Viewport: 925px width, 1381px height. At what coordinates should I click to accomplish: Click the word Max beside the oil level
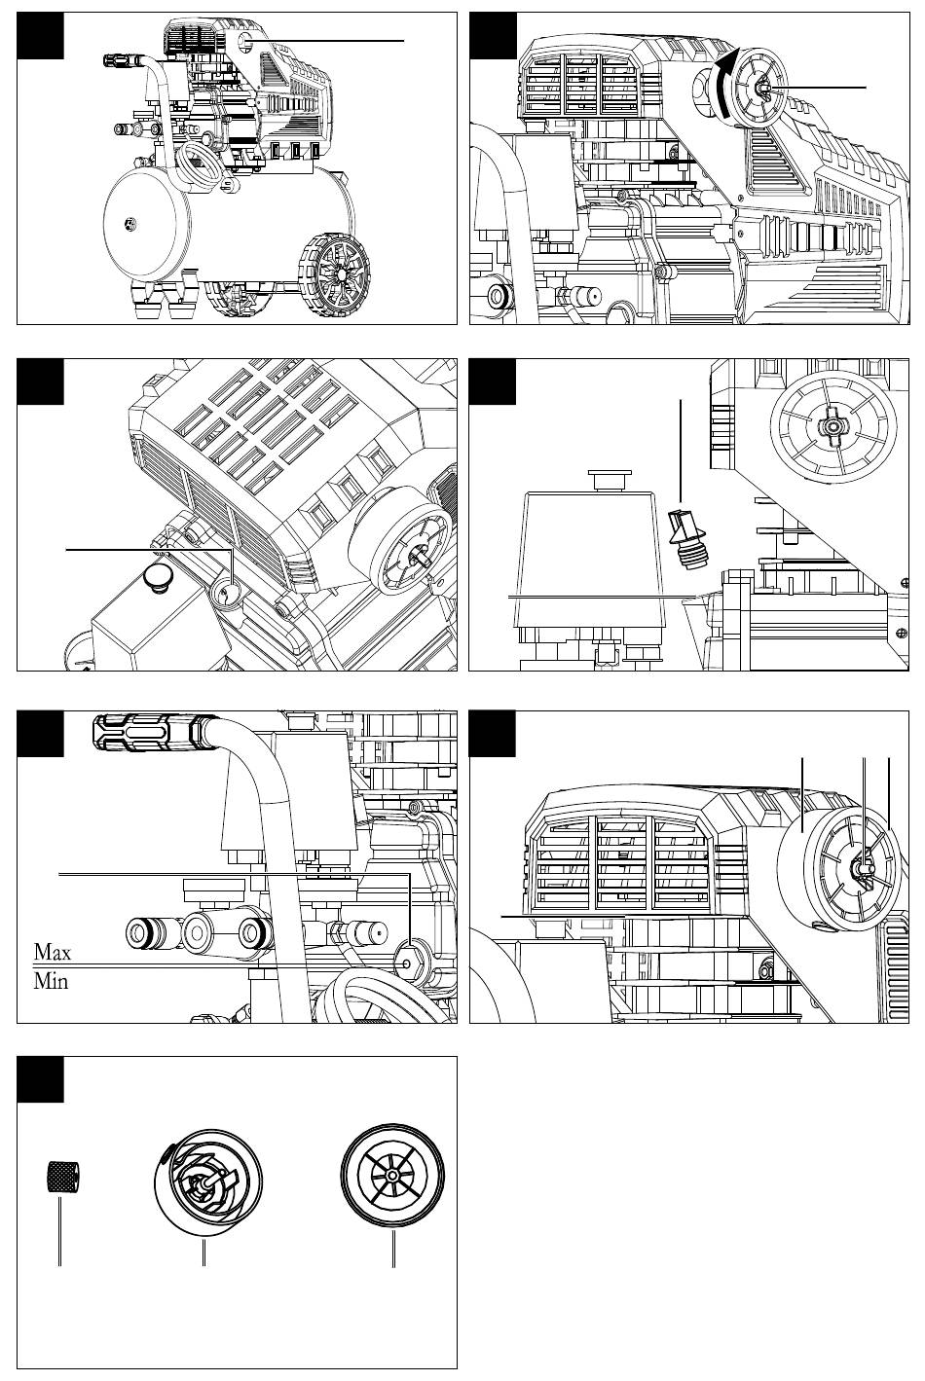click(x=53, y=953)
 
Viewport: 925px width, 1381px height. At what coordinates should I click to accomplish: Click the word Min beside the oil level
click(x=51, y=981)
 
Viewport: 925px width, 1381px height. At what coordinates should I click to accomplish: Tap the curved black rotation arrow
click(x=724, y=84)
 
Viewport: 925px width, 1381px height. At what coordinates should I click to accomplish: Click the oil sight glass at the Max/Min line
click(x=408, y=963)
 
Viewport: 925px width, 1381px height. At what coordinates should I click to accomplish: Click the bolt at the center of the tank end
click(x=129, y=223)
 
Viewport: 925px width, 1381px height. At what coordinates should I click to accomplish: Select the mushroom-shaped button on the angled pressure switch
click(x=159, y=579)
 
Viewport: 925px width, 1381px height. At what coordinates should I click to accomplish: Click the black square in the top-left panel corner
click(x=40, y=36)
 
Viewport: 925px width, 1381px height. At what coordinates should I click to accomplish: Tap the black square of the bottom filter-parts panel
click(x=40, y=1079)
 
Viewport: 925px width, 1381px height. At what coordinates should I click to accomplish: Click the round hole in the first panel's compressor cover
click(x=247, y=41)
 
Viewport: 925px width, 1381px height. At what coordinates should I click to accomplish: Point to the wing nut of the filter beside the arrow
click(x=762, y=88)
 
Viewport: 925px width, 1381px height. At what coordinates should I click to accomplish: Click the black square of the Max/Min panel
click(x=40, y=734)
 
